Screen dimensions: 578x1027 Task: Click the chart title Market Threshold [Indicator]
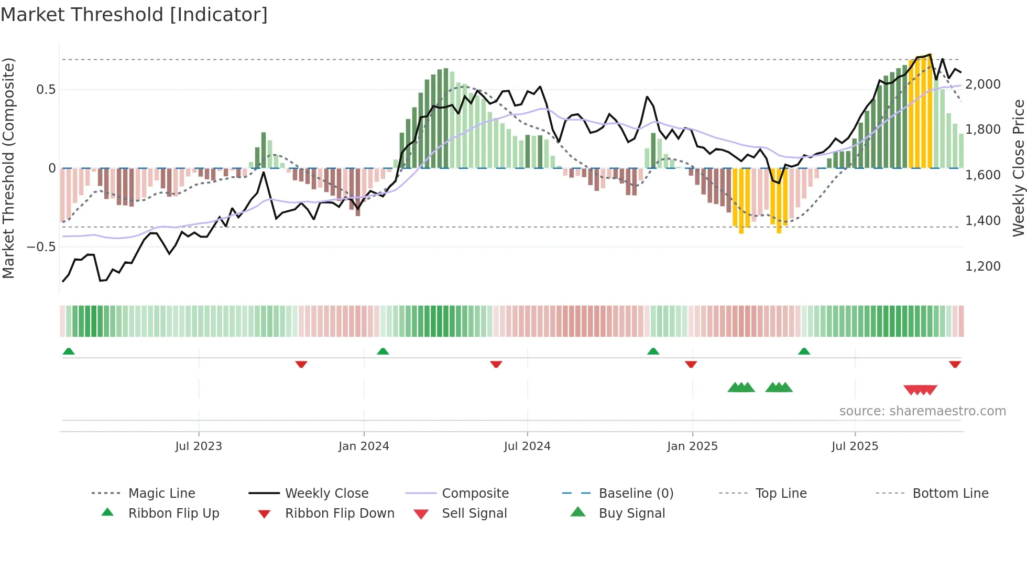click(134, 15)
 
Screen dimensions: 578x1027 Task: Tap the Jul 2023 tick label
click(199, 446)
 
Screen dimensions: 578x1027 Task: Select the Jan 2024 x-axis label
click(364, 446)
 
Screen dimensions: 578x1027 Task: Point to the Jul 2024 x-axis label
click(527, 446)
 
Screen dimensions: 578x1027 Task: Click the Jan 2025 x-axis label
click(692, 446)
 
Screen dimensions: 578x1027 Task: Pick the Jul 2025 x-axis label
click(855, 446)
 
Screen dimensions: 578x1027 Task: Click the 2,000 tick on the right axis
click(983, 84)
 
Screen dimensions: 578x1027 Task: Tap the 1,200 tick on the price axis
click(983, 266)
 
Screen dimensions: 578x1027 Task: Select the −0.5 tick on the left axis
click(41, 247)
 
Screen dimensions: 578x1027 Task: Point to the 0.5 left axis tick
click(46, 90)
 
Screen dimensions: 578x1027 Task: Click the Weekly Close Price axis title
click(1018, 168)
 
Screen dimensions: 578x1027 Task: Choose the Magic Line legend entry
click(161, 494)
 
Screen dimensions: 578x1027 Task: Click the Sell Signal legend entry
click(474, 513)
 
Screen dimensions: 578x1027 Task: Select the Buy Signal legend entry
click(631, 513)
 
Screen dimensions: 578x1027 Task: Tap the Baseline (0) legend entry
click(636, 494)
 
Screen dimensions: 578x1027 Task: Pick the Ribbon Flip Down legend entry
click(340, 513)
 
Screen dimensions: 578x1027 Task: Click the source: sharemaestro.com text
click(922, 411)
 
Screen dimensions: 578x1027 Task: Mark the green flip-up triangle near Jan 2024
click(383, 351)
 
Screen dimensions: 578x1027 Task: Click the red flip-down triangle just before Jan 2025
click(691, 364)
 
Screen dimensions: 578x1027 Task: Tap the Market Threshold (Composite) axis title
click(8, 168)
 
